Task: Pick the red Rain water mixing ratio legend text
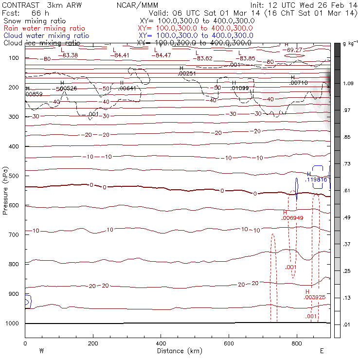pyautogui.click(x=44, y=28)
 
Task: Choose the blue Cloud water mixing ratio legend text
pyautogui.click(x=46, y=36)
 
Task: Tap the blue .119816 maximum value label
pyautogui.click(x=316, y=180)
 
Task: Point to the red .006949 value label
pyautogui.click(x=292, y=218)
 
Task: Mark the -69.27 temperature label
pyautogui.click(x=294, y=50)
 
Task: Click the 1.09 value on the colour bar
pyautogui.click(x=348, y=84)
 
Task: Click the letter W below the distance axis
pyautogui.click(x=42, y=350)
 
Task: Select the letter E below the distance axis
pyautogui.click(x=322, y=350)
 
